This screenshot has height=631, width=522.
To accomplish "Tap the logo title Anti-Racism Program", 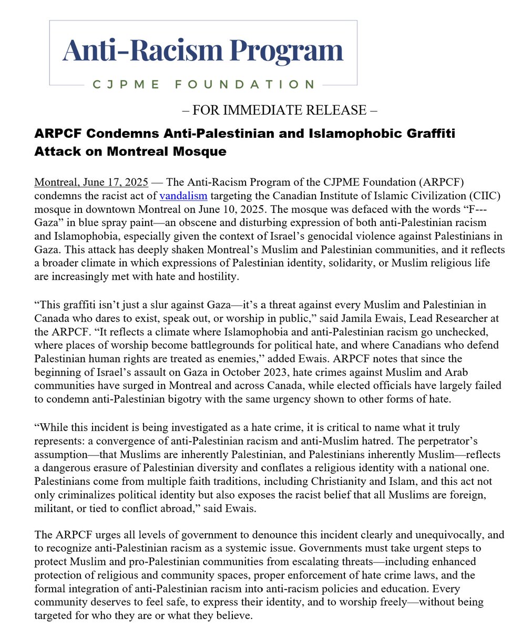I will tap(203, 51).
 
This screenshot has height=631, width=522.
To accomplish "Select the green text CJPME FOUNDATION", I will tap(203, 84).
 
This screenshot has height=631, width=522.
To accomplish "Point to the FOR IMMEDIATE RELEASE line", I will tap(279, 110).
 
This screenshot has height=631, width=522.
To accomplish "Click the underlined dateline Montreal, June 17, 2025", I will tap(91, 182).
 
